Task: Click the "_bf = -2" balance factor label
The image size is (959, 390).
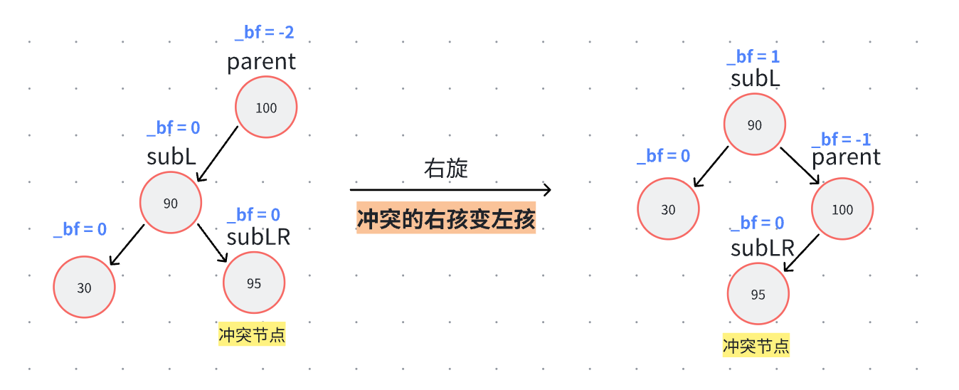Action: (264, 32)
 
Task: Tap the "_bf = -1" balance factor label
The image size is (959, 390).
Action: (845, 139)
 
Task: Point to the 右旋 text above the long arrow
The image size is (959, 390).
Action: (446, 169)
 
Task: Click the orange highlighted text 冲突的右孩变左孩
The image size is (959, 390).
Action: (446, 219)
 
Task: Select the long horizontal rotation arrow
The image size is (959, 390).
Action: (450, 190)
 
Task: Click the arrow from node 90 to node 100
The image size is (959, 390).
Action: (800, 164)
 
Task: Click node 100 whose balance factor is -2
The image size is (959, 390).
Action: (266, 108)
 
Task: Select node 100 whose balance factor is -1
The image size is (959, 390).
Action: (842, 209)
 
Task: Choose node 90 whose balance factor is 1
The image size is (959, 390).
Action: (755, 125)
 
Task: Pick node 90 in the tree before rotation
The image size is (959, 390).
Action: (171, 204)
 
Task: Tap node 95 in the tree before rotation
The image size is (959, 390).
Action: (254, 283)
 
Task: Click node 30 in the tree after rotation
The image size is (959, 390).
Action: (668, 209)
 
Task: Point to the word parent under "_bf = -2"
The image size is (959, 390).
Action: (261, 62)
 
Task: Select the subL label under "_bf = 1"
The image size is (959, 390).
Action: (755, 79)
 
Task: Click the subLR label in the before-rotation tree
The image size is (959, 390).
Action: (258, 236)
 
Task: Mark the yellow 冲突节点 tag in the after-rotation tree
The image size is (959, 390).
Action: (756, 347)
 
